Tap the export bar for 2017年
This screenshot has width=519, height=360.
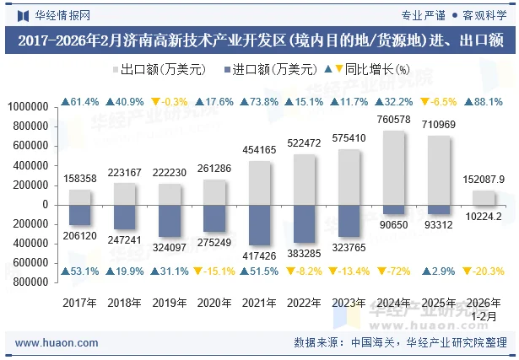coord(79,196)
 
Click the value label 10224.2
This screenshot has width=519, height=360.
coord(485,216)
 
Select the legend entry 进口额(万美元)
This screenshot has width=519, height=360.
coord(269,70)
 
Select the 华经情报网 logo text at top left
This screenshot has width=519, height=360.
coord(62,15)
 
